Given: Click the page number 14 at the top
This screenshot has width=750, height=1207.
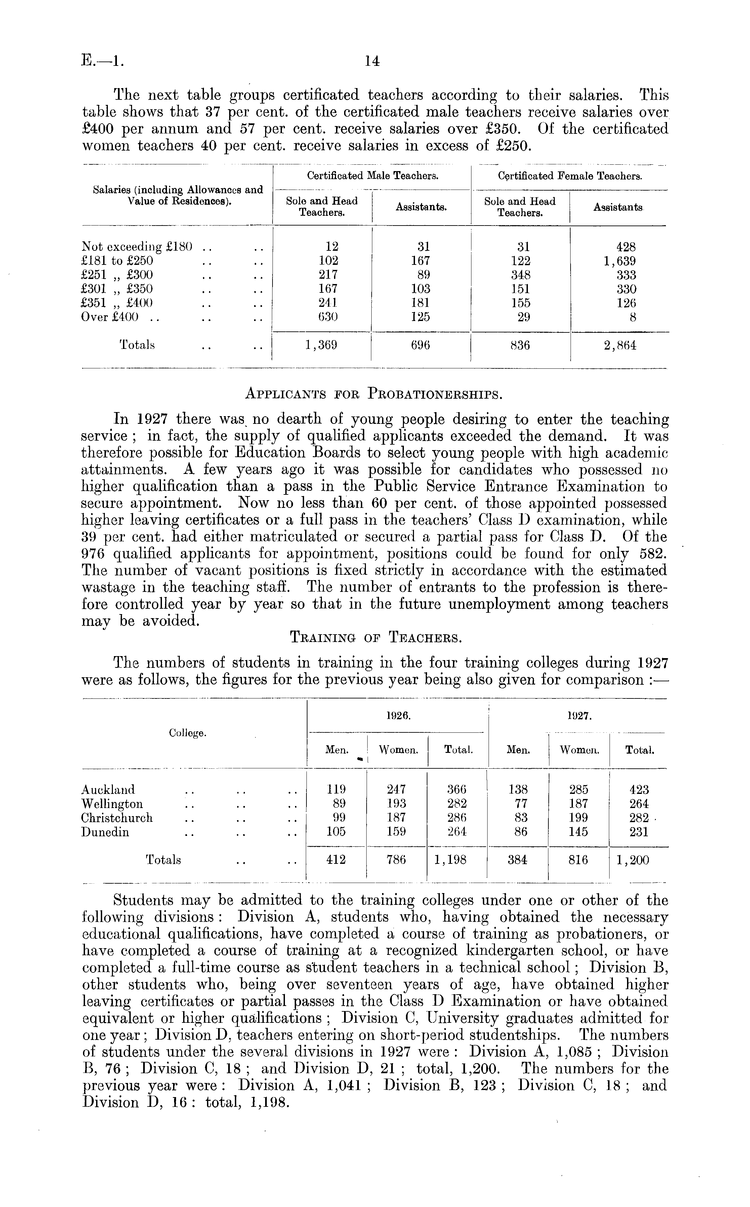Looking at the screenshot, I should click(x=372, y=61).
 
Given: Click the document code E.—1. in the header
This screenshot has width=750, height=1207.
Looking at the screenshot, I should click(x=102, y=61).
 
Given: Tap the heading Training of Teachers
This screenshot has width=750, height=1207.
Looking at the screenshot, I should click(x=375, y=637).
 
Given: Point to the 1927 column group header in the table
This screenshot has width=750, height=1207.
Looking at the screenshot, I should click(x=577, y=716).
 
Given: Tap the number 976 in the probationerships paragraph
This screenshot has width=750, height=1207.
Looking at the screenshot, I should click(x=93, y=554).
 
